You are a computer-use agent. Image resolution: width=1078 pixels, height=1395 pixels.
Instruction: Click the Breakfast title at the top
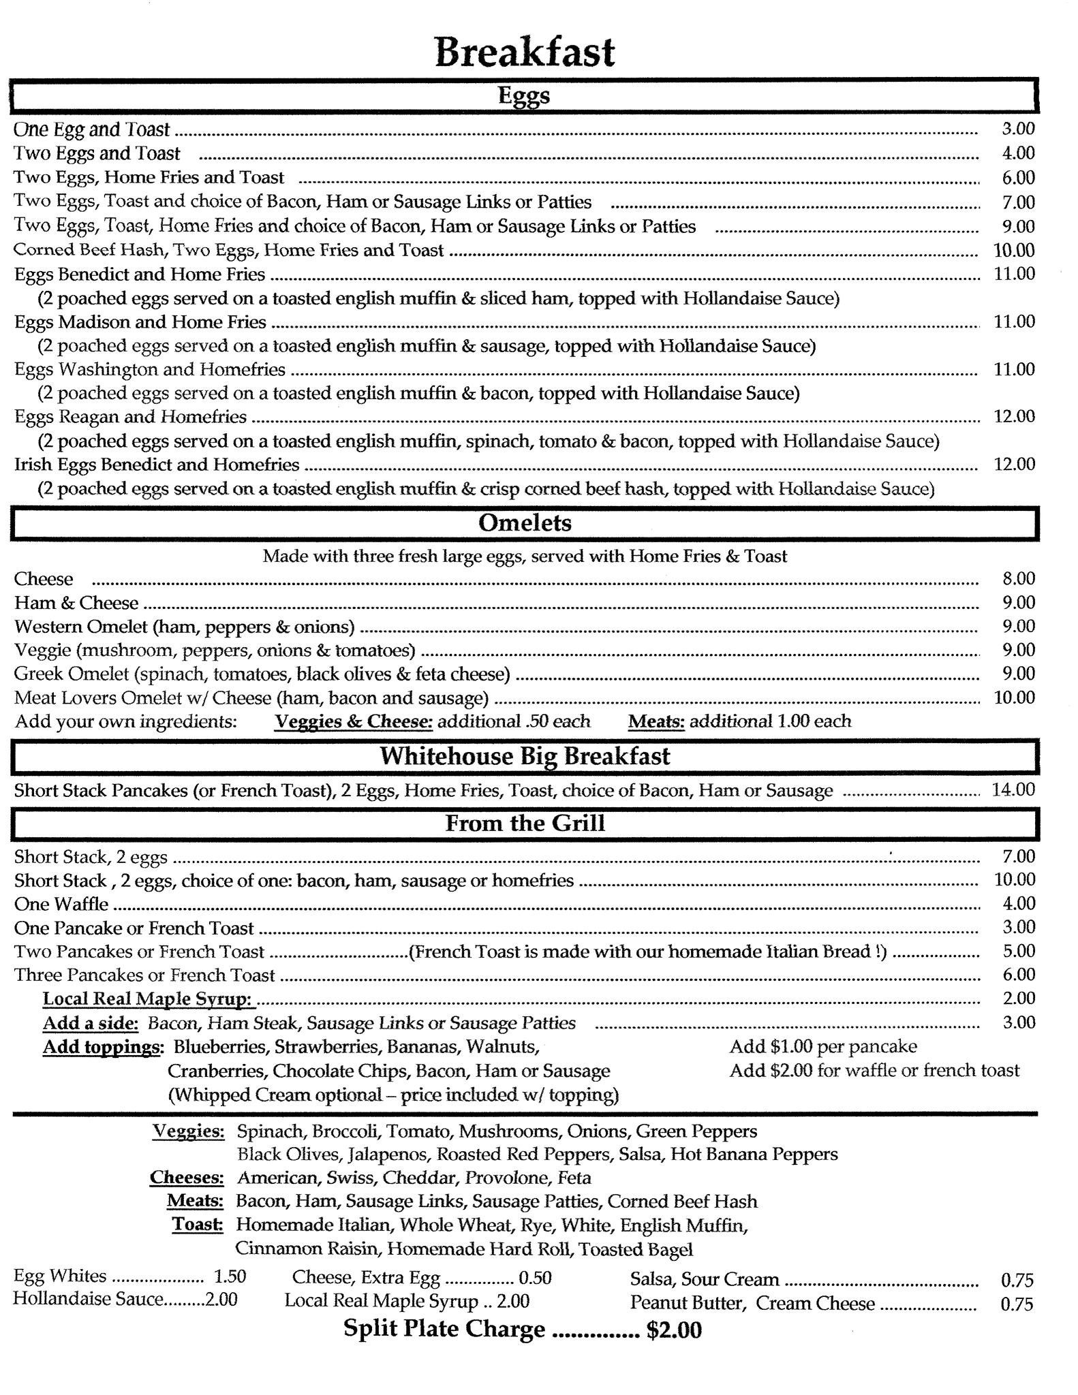click(x=525, y=52)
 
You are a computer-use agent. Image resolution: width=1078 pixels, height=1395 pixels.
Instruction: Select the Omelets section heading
click(x=525, y=523)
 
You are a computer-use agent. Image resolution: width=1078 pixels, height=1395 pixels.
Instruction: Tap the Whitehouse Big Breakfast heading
click(x=525, y=756)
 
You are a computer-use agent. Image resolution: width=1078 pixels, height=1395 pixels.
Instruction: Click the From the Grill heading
click(x=525, y=824)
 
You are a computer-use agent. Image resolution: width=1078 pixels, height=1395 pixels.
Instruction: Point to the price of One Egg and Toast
click(x=1018, y=129)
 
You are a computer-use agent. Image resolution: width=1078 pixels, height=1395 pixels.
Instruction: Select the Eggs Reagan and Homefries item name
click(x=131, y=417)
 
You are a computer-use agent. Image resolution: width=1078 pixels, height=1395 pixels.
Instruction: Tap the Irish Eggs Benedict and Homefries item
click(x=157, y=465)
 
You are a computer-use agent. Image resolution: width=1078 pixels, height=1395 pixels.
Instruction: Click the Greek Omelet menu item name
click(x=72, y=674)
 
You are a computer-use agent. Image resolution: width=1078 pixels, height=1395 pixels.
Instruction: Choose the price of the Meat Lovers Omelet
click(x=1014, y=697)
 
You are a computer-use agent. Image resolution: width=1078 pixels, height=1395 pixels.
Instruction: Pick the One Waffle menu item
click(x=61, y=904)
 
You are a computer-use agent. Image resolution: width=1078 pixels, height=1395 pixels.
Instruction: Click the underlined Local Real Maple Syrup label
click(x=149, y=999)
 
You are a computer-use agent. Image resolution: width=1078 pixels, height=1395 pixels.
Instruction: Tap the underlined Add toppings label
click(x=103, y=1046)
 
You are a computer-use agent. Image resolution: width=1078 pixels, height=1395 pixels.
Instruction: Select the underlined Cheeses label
click(x=187, y=1178)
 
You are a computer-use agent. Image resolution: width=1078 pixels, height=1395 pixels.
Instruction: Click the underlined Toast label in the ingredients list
click(x=198, y=1225)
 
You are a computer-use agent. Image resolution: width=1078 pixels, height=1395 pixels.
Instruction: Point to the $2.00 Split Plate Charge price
click(x=674, y=1329)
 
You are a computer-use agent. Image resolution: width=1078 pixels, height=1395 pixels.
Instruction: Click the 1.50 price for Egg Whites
click(x=230, y=1276)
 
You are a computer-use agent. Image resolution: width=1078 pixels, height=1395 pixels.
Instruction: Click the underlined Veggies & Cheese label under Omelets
click(x=354, y=721)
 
